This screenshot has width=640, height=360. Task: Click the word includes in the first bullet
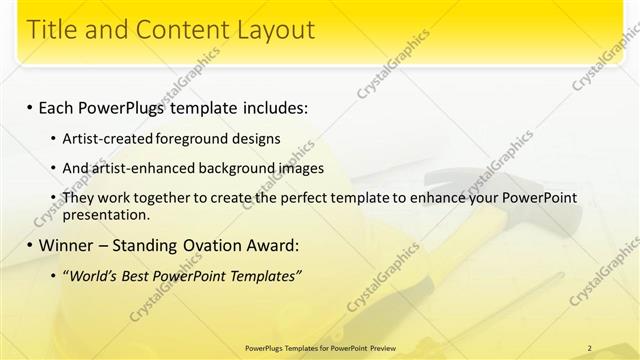coord(267,107)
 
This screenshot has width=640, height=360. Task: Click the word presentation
coord(106,214)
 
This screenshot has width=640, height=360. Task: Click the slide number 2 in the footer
coord(589,347)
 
